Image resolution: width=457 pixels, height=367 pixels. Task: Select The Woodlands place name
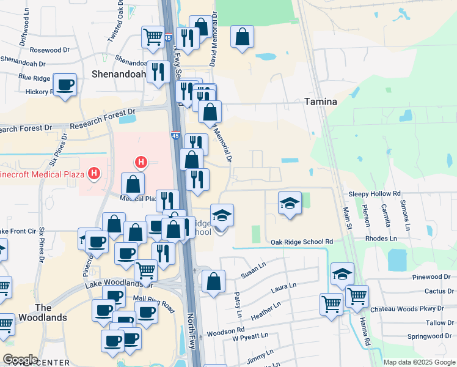[x=35, y=313]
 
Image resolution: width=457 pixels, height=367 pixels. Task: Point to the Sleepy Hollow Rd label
[x=375, y=193]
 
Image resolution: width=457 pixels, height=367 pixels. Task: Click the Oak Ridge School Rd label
[x=302, y=242]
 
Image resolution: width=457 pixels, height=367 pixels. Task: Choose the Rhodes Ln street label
[x=380, y=239]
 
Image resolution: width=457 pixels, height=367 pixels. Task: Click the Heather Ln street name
[x=265, y=309]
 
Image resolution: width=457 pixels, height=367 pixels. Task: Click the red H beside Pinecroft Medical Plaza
[x=94, y=174]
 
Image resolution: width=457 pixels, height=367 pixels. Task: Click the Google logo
[x=20, y=360]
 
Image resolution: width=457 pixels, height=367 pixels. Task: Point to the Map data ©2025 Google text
[x=419, y=362]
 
